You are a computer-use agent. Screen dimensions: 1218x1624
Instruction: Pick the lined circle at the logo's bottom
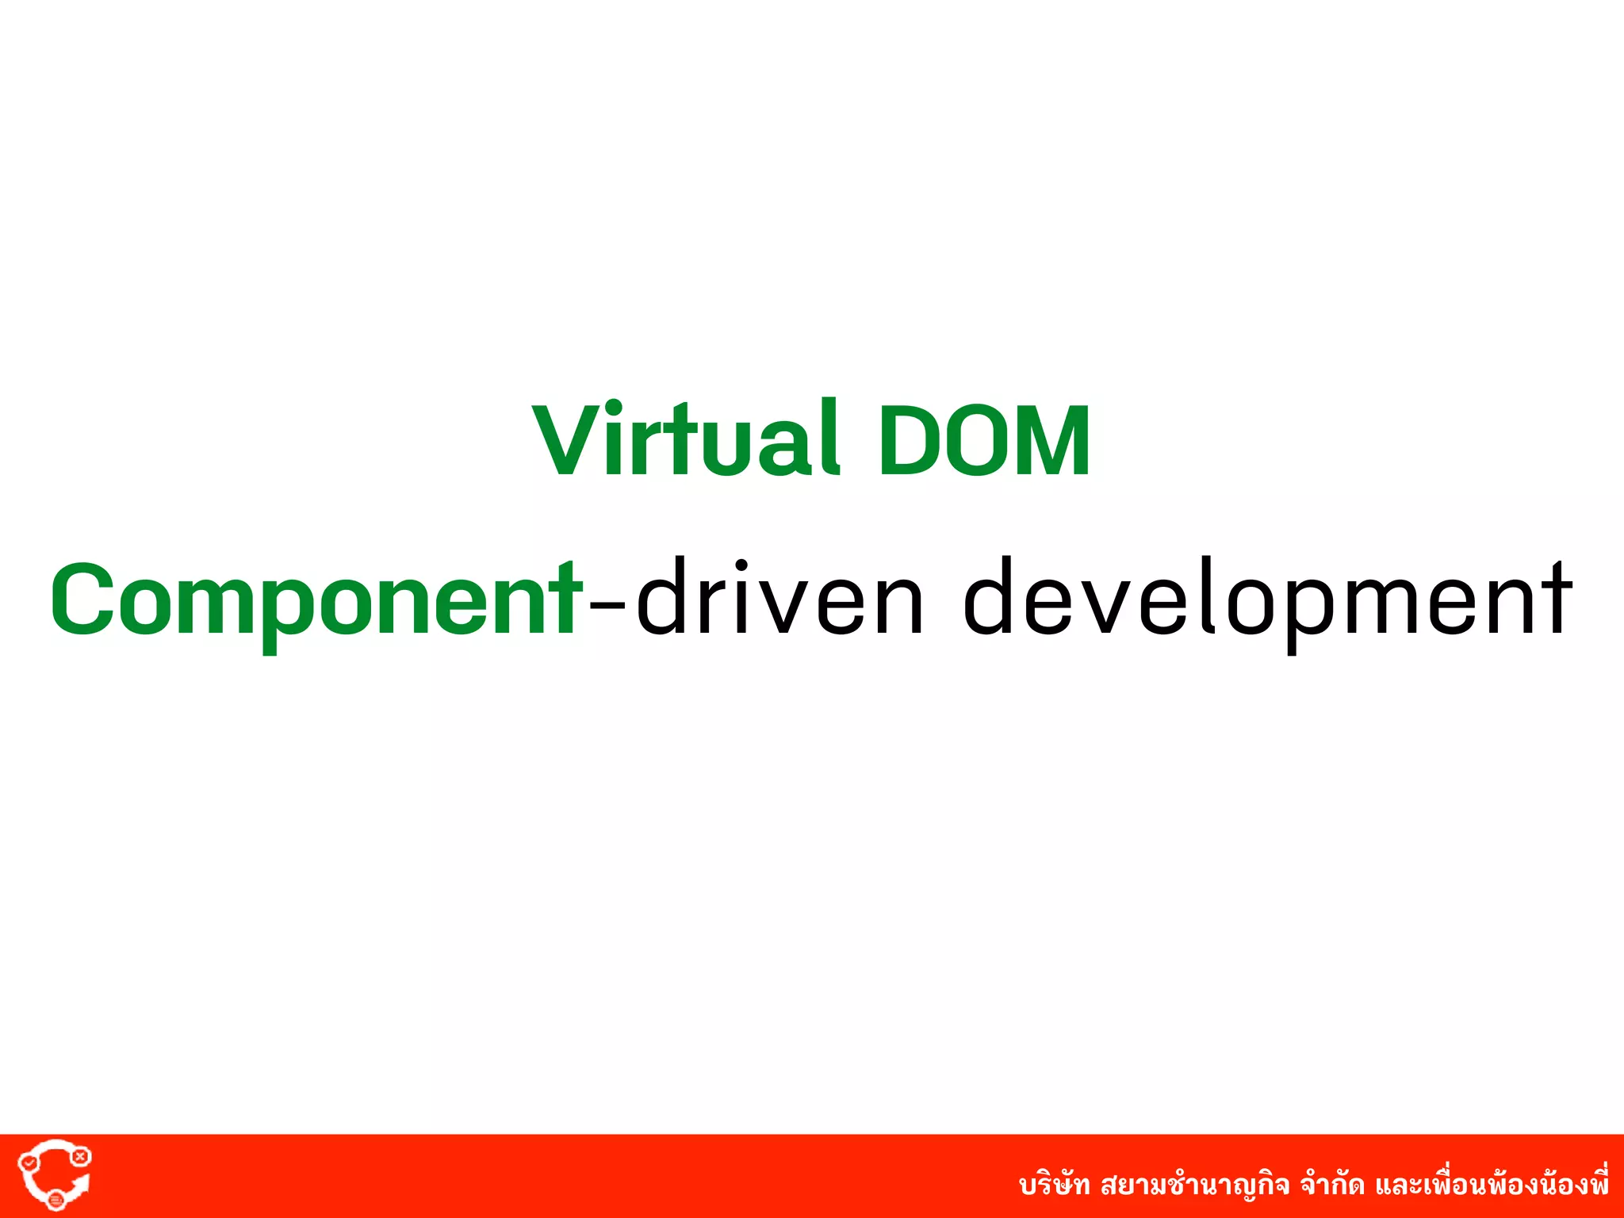(56, 1200)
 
